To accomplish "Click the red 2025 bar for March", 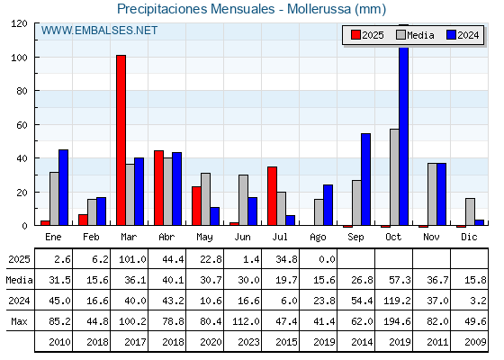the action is pos(121,139).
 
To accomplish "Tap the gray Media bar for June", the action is pos(243,200).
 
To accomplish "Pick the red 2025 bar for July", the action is pos(272,196).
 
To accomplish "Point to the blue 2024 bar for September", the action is pos(365,179).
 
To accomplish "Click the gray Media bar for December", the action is pos(470,211).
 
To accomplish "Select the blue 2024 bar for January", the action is pos(63,187).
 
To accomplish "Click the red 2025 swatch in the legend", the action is pos(355,35).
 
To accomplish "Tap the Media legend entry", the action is pos(415,35).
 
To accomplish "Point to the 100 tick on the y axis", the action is pos(19,58).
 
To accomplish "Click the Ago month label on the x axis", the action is pos(318,238).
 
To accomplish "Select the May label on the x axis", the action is pos(205,238).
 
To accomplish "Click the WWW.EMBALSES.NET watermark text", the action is pos(99,31).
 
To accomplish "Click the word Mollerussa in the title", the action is pos(319,9).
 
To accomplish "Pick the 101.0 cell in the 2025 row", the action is pos(132,259).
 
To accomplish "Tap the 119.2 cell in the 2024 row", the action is pos(397,301).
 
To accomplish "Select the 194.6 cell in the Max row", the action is pos(397,321).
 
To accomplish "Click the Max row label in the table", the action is pos(19,321).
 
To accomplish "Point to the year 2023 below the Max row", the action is pos(248,342).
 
